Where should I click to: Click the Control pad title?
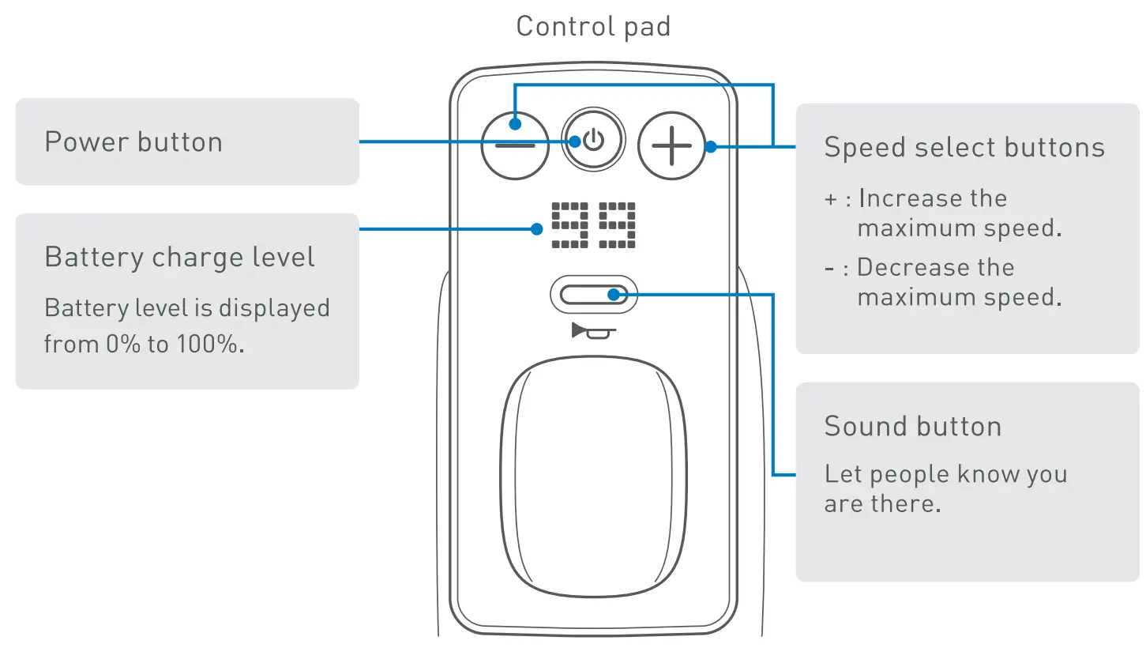pos(593,26)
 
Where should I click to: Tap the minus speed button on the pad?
pos(515,146)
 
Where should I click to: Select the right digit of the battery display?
pos(617,225)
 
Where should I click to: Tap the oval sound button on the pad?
pos(593,295)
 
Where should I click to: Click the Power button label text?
pos(133,142)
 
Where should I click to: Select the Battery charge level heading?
pos(179,258)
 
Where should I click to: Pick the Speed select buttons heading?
pos(964,148)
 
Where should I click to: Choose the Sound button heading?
pos(913,427)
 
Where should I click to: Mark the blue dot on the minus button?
pos(514,123)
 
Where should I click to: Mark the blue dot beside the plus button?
pos(710,146)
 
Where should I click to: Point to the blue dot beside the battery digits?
pos(537,229)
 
